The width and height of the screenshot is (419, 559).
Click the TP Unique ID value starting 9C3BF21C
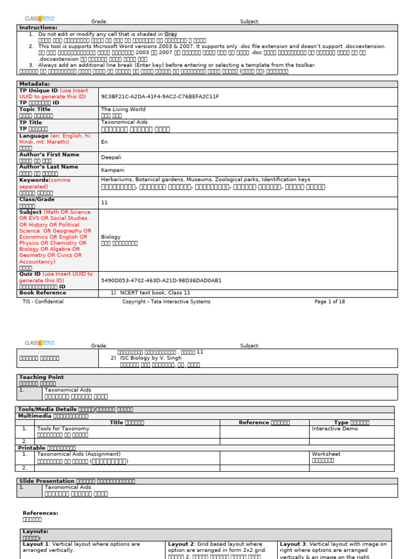tap(160, 97)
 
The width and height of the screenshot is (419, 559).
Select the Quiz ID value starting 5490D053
tap(161, 280)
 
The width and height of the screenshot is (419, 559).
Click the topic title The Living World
tap(122, 109)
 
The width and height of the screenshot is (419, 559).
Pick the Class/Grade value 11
tap(104, 203)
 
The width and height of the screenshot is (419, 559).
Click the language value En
tap(104, 141)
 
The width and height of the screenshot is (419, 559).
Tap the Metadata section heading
tap(34, 84)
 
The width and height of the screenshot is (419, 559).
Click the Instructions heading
tap(38, 27)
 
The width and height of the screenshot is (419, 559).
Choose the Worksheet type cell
tap(326, 454)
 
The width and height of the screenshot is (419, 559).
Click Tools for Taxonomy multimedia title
tap(63, 429)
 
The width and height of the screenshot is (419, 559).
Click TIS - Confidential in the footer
tap(43, 301)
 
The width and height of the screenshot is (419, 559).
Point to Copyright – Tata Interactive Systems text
tap(166, 301)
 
